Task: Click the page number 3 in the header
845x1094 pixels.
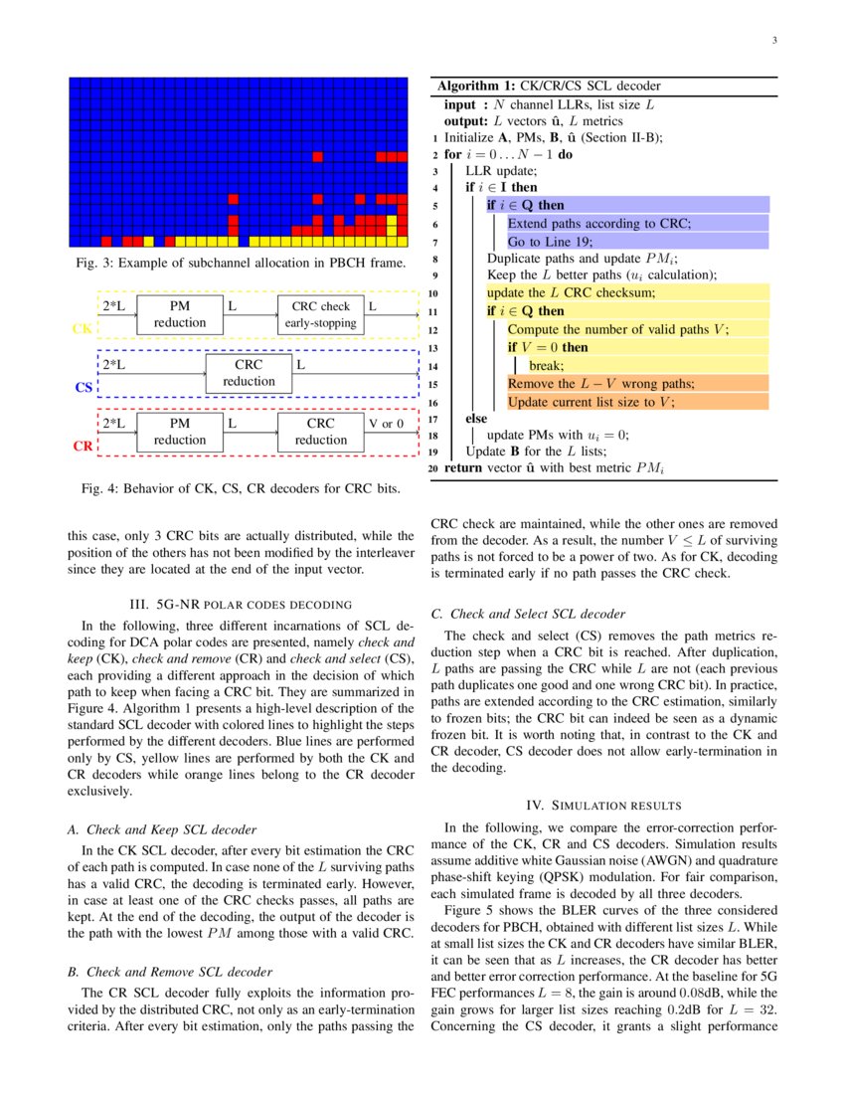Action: click(773, 41)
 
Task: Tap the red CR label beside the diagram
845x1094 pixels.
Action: click(83, 447)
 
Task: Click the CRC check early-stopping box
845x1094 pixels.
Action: click(321, 314)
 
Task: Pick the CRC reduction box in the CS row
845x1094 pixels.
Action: click(249, 373)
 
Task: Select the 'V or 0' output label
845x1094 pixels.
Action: click(387, 424)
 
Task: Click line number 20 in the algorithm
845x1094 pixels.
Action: click(433, 468)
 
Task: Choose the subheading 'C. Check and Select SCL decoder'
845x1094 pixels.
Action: click(528, 614)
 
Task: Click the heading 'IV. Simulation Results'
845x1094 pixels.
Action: click(602, 804)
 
